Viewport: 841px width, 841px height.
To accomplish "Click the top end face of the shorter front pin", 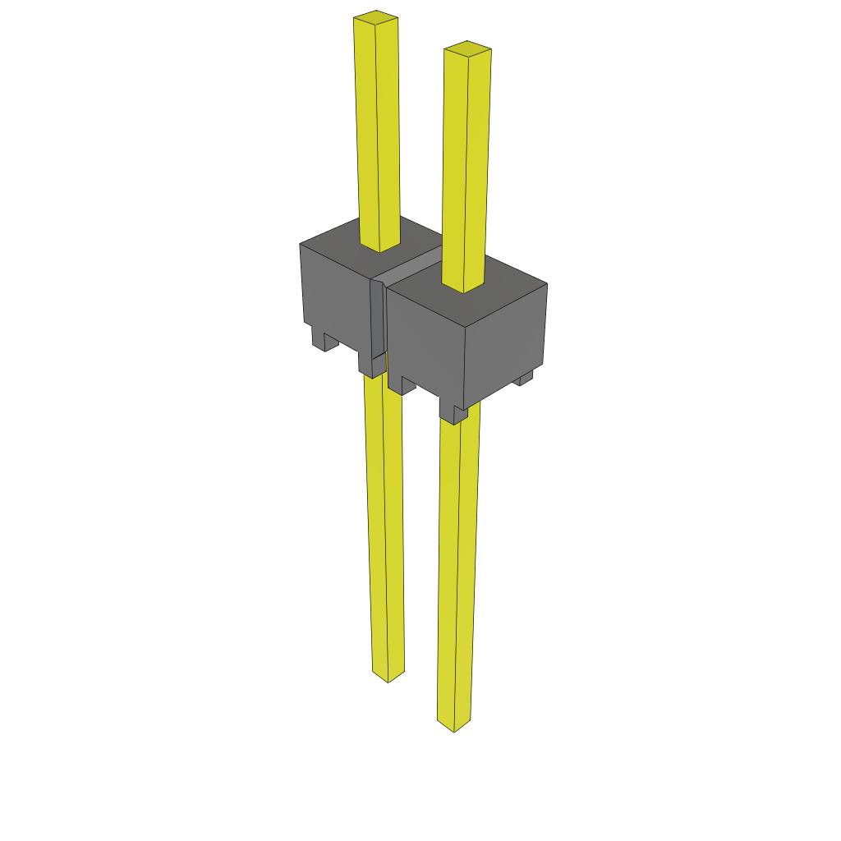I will tap(467, 48).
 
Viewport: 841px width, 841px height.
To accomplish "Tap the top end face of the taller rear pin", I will tap(376, 17).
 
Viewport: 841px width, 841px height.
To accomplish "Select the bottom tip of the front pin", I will tap(454, 724).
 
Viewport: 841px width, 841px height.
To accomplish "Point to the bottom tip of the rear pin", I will tap(388, 676).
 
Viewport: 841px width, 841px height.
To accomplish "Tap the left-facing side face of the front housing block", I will tap(425, 345).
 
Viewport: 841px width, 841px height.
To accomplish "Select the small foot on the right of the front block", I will tap(524, 378).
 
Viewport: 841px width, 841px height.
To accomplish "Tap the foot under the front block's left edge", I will tap(401, 384).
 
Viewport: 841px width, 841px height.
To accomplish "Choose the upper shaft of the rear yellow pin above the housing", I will tap(378, 131).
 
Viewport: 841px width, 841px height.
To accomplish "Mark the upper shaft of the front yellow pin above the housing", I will tap(466, 164).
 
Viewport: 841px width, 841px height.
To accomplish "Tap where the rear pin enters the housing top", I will tap(379, 247).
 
